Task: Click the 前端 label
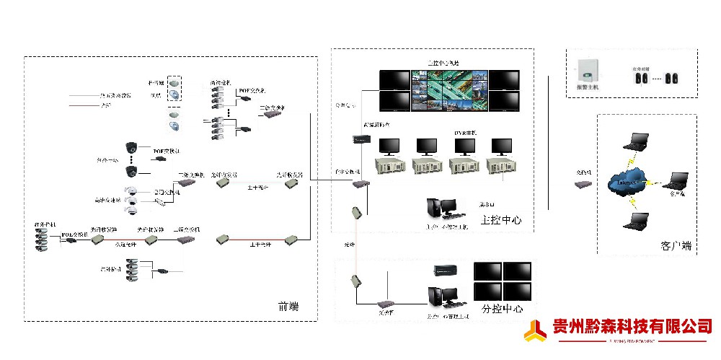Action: coord(288,307)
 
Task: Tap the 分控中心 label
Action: coord(502,309)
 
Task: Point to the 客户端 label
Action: coord(676,246)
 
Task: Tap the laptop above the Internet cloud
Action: coord(637,141)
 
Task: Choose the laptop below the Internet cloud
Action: coord(634,221)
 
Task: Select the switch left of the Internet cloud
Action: coord(583,184)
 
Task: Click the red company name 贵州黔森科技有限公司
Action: coord(632,326)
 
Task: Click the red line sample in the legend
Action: coord(84,105)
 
